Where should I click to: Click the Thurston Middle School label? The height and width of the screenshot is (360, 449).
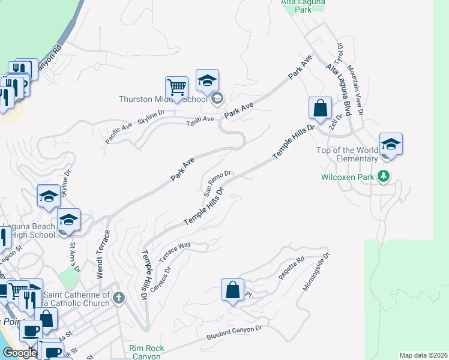tap(163, 99)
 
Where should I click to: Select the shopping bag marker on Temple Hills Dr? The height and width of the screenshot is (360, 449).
tap(321, 109)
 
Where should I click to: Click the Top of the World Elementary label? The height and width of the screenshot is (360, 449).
tap(349, 154)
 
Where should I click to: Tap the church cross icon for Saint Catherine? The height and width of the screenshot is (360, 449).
tap(119, 298)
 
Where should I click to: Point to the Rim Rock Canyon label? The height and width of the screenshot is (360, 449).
tap(145, 352)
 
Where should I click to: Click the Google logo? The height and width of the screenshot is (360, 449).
tap(19, 353)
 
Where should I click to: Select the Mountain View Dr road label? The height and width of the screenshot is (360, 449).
tap(354, 90)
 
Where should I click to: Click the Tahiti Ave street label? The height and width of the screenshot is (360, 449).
tap(200, 119)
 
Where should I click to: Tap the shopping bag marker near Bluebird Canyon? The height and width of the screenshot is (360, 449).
tap(232, 290)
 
